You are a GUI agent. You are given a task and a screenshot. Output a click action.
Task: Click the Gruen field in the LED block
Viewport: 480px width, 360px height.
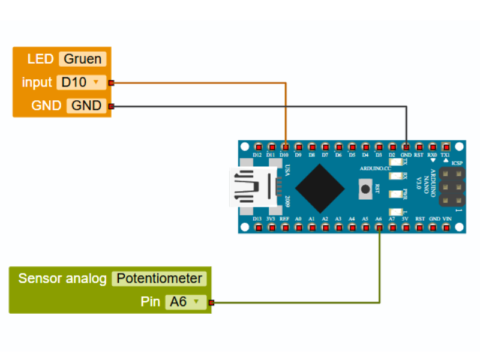click(83, 59)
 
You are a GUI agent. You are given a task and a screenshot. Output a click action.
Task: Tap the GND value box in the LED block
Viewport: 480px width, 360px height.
click(86, 106)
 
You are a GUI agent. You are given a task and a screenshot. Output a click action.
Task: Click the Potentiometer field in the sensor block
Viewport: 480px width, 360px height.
click(159, 278)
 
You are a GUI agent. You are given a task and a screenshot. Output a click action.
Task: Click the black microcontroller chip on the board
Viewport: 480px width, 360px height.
click(319, 187)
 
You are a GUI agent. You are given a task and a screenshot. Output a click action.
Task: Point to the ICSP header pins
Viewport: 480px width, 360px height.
click(452, 187)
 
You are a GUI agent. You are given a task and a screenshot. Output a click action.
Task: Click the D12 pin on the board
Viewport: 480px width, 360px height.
click(258, 146)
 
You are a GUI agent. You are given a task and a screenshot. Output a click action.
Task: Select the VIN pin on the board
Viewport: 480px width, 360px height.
click(446, 228)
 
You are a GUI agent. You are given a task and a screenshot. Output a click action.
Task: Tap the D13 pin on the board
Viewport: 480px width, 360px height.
click(258, 228)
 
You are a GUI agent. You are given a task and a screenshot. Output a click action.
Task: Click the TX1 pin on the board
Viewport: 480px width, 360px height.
click(446, 146)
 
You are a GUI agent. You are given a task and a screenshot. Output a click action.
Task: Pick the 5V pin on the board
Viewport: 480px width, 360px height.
click(406, 228)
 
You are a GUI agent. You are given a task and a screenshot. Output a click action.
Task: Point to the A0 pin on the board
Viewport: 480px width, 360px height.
click(298, 228)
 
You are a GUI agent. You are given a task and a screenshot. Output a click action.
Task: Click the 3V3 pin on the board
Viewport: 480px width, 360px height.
click(271, 228)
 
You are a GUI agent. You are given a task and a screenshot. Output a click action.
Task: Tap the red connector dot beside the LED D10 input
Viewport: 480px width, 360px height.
click(111, 83)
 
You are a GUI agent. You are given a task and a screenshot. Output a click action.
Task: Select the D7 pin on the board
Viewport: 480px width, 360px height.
click(325, 146)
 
